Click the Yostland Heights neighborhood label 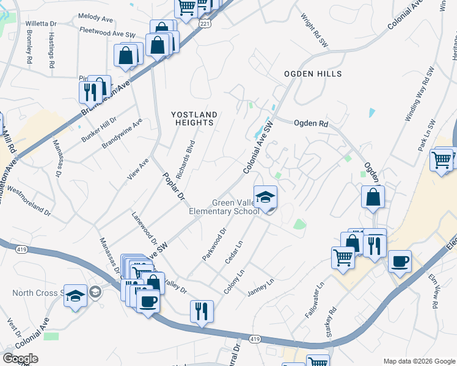point(194,118)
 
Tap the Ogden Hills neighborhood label point(312,74)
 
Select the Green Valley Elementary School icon point(265,197)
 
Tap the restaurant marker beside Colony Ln point(202,311)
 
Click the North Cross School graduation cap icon point(76,296)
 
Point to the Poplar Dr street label point(173,186)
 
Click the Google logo point(20,358)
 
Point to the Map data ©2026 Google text point(419,361)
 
